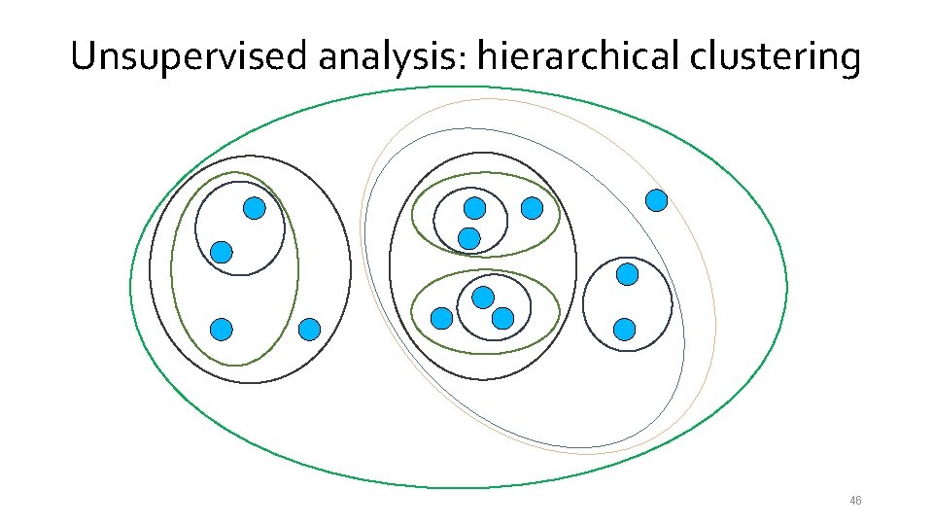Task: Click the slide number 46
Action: (855, 501)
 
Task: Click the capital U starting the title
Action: (85, 57)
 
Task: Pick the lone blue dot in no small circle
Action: (657, 200)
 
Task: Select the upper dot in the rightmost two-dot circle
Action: (628, 274)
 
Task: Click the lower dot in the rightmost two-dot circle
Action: (625, 330)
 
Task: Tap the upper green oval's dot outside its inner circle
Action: (532, 207)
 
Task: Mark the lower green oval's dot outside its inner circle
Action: (442, 317)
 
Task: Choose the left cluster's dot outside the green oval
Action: (309, 330)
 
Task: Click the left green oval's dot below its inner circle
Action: (222, 330)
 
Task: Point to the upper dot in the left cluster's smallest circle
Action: (254, 207)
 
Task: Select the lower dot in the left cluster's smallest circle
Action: (222, 252)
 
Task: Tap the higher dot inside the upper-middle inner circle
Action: (474, 207)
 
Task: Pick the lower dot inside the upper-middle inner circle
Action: (469, 236)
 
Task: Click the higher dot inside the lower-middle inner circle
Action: (483, 297)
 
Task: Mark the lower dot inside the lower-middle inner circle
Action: (502, 317)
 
